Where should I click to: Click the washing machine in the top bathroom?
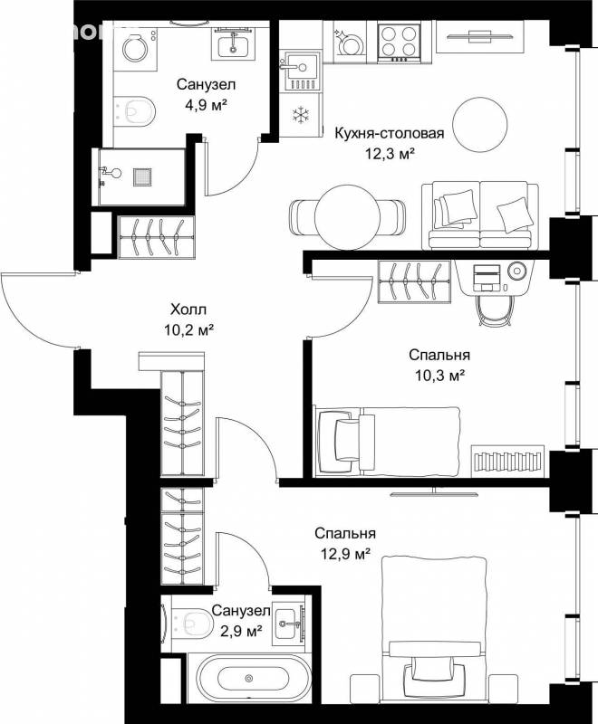tap(135, 49)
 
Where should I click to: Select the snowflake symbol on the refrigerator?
tap(301, 114)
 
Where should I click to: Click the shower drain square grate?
tap(142, 176)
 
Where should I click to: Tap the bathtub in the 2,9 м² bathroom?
tap(249, 678)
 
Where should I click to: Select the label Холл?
tap(188, 309)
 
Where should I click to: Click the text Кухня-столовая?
tap(389, 133)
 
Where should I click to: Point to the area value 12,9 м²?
tap(346, 553)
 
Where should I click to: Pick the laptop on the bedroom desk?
tap(487, 278)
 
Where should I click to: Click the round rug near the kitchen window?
tap(480, 125)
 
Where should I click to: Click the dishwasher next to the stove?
tap(350, 42)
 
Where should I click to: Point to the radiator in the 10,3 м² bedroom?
tap(508, 462)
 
